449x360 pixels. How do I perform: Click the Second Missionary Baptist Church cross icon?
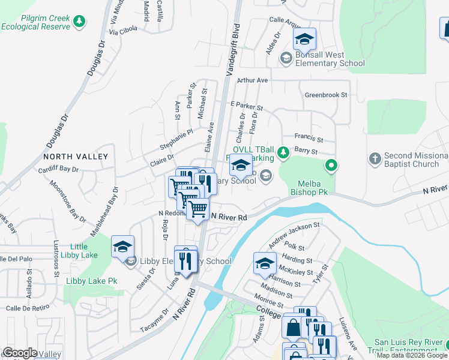pyautogui.click(x=375, y=158)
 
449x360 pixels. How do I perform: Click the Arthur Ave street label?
pyautogui.click(x=252, y=80)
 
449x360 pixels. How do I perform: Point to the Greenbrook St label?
pyautogui.click(x=326, y=95)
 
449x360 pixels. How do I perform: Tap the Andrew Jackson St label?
pyautogui.click(x=294, y=234)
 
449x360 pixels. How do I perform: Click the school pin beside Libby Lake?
pyautogui.click(x=122, y=247)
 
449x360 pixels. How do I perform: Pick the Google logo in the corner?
pyautogui.click(x=20, y=353)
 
